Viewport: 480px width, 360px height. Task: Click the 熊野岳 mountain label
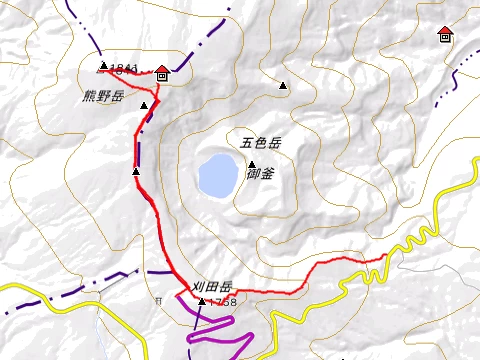coord(104,97)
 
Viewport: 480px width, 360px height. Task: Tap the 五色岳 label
coord(261,143)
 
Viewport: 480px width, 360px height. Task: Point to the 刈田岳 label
coord(213,284)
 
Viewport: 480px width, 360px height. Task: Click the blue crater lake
coord(216,175)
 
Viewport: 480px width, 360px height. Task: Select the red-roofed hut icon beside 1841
coord(162,72)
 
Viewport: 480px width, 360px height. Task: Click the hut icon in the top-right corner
coord(445,35)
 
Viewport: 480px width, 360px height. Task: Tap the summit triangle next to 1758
coord(202,301)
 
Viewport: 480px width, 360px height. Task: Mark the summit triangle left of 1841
coord(103,67)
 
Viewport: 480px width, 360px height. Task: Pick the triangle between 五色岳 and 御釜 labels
coord(252,164)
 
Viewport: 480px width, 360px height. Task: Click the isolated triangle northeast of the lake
coord(283,86)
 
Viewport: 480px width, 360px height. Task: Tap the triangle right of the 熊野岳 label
coord(144,104)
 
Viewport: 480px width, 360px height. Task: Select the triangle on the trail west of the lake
coord(136,172)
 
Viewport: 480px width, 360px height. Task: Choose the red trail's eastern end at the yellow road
coord(386,256)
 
